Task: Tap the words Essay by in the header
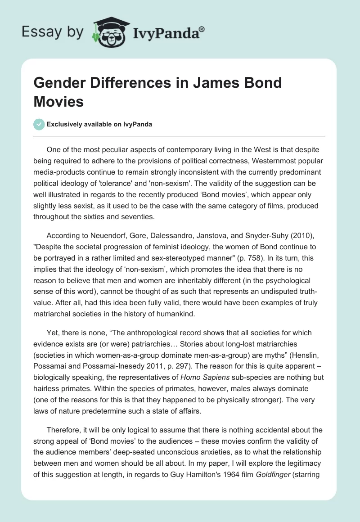tap(52, 32)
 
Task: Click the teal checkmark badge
tap(39, 124)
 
